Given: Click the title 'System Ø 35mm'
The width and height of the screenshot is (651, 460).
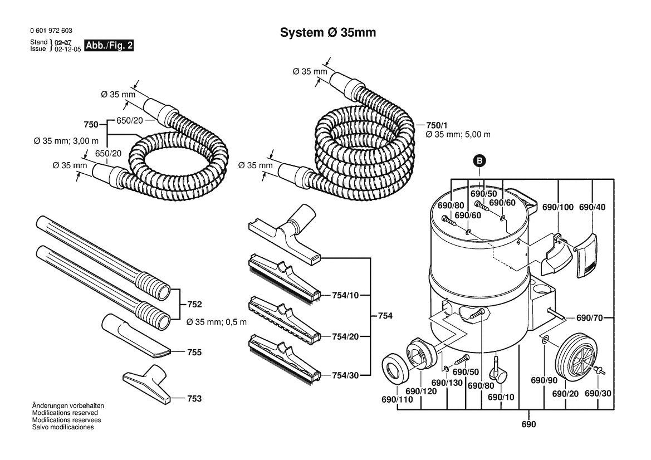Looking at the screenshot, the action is click(328, 32).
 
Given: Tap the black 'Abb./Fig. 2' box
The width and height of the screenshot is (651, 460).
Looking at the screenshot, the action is click(109, 45).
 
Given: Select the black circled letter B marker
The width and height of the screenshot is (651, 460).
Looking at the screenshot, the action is click(480, 161).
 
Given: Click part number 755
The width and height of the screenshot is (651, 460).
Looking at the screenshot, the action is click(194, 352).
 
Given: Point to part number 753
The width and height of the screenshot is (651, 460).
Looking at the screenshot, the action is click(194, 399).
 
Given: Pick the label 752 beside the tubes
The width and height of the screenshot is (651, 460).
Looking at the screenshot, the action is click(194, 304).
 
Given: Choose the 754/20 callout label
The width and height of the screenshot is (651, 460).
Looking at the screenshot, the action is click(345, 336).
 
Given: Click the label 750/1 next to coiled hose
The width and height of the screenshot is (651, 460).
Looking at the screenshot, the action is click(437, 125).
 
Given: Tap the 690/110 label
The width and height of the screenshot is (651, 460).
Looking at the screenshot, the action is click(397, 399).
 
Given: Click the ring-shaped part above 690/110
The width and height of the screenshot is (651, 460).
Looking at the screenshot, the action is click(395, 367).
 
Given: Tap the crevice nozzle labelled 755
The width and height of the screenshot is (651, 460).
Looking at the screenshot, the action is click(136, 335).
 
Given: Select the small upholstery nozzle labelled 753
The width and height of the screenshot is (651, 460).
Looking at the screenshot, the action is click(148, 383).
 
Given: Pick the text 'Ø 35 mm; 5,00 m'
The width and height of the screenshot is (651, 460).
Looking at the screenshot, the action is click(458, 135).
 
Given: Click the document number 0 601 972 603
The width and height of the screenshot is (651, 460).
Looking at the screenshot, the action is click(51, 31).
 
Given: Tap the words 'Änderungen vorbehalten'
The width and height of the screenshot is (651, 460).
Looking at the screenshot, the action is click(68, 405).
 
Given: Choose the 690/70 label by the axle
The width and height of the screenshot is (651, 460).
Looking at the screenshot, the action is click(590, 318).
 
